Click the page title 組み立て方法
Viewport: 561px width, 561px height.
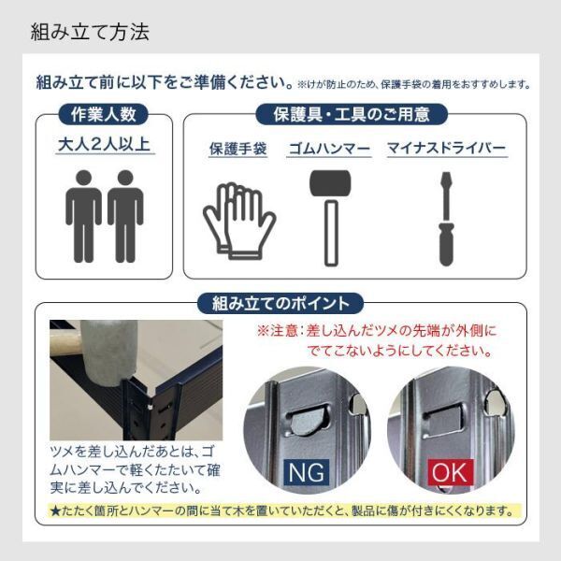90,33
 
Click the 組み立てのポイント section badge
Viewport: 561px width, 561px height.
280,304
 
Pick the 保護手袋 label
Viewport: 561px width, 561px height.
237,149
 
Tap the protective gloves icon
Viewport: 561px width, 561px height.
238,220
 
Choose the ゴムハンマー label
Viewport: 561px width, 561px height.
329,149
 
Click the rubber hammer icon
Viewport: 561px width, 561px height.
329,217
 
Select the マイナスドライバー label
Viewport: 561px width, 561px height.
447,149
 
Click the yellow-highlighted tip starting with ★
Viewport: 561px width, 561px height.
280,511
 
